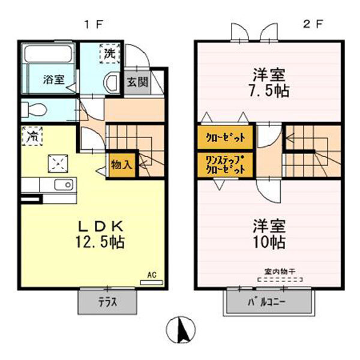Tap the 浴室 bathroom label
54,80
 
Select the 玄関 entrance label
136,82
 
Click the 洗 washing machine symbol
109,53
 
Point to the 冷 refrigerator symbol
32,136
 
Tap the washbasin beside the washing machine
111,83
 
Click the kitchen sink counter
57,184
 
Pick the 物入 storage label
121,164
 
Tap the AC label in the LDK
152,275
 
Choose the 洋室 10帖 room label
268,235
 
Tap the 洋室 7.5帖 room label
268,82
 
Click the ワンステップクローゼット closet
225,165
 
